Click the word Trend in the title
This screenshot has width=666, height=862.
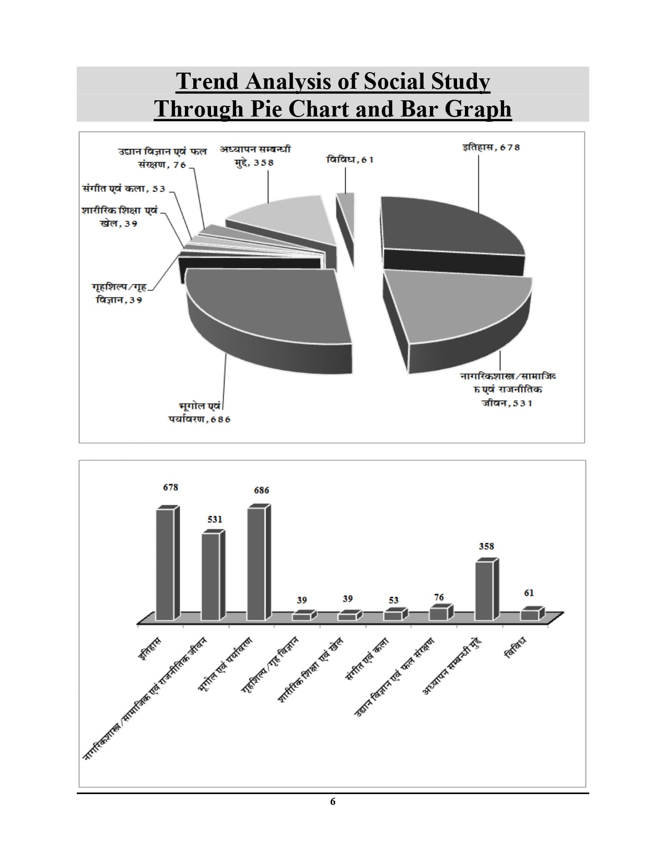tap(206, 82)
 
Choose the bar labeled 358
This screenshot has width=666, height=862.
tap(484, 590)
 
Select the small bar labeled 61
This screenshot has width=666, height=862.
tap(530, 615)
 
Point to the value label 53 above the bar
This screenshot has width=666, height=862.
tap(393, 600)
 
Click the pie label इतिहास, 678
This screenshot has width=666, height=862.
tap(491, 148)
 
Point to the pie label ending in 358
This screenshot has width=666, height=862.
tap(254, 156)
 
